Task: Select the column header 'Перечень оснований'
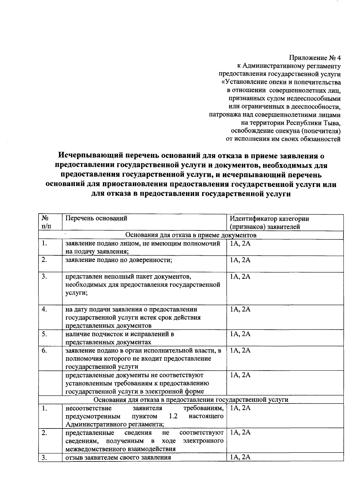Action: coord(96,218)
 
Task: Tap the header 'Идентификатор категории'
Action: coord(269,219)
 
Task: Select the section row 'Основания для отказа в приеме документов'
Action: coord(191,235)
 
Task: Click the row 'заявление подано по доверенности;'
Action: coord(118,260)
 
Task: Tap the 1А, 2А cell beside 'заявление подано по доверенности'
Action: coord(240,260)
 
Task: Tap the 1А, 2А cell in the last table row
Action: coord(240,457)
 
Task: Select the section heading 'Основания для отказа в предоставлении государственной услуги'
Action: coord(191,400)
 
